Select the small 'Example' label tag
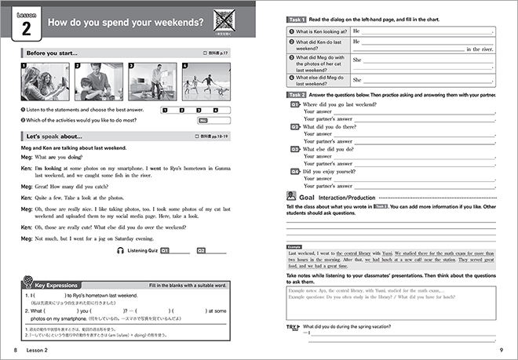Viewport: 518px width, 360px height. (294, 246)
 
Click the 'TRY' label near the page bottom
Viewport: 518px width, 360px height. (293, 325)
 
